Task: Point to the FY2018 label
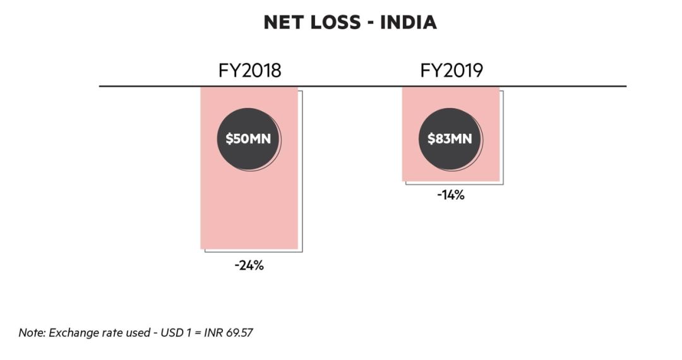(x=249, y=71)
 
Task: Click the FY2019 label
(x=452, y=71)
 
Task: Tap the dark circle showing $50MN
(x=249, y=138)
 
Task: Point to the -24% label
(x=249, y=266)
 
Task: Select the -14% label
(x=451, y=196)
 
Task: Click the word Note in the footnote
(x=30, y=332)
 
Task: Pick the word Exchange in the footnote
(x=68, y=332)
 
